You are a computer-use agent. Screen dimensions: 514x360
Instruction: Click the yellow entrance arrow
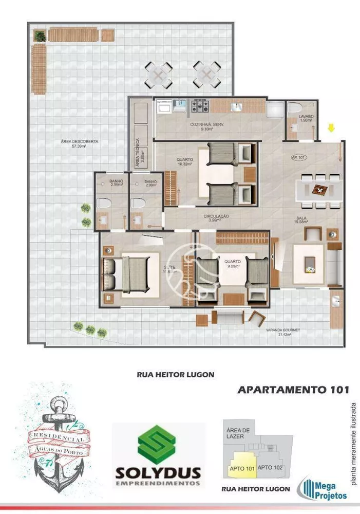331,125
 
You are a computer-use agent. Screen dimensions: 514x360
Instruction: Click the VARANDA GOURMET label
280,332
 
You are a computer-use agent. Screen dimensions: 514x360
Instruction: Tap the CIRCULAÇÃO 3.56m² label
216,218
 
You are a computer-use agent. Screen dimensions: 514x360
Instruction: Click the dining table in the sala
319,190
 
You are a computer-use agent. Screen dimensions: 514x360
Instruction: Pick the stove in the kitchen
200,106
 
